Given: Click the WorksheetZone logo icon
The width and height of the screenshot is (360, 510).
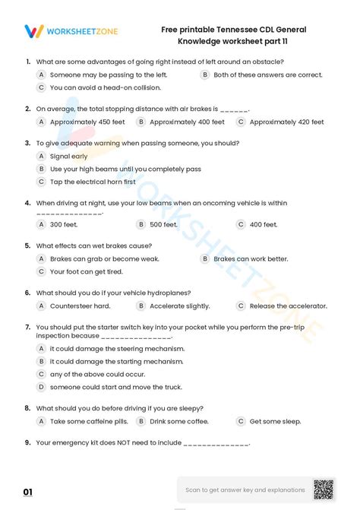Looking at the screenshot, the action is tap(34, 31).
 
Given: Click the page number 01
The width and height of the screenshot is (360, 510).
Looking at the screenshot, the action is tap(28, 493).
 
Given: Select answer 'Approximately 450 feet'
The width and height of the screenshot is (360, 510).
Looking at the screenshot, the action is tap(81, 122).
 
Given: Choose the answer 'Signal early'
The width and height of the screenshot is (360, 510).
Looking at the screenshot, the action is tap(68, 156).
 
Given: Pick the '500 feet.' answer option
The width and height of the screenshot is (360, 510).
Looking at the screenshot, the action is tap(163, 224).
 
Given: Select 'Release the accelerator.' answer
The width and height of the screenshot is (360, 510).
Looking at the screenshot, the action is tap(288, 306).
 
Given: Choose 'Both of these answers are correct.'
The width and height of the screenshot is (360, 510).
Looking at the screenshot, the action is tap(267, 75).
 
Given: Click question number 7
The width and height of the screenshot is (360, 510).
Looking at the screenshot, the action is tap(27, 325).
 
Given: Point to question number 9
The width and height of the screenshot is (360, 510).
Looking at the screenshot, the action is tap(27, 442).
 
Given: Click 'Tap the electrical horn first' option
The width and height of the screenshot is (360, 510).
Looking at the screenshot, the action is tap(93, 182).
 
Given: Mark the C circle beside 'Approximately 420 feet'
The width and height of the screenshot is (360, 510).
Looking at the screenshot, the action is tap(241, 122).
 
